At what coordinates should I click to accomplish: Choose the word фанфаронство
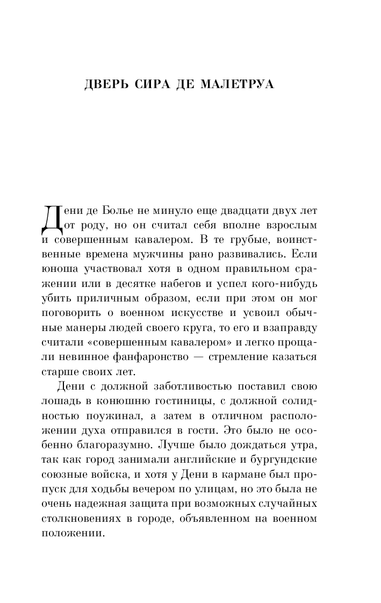(160, 356)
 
